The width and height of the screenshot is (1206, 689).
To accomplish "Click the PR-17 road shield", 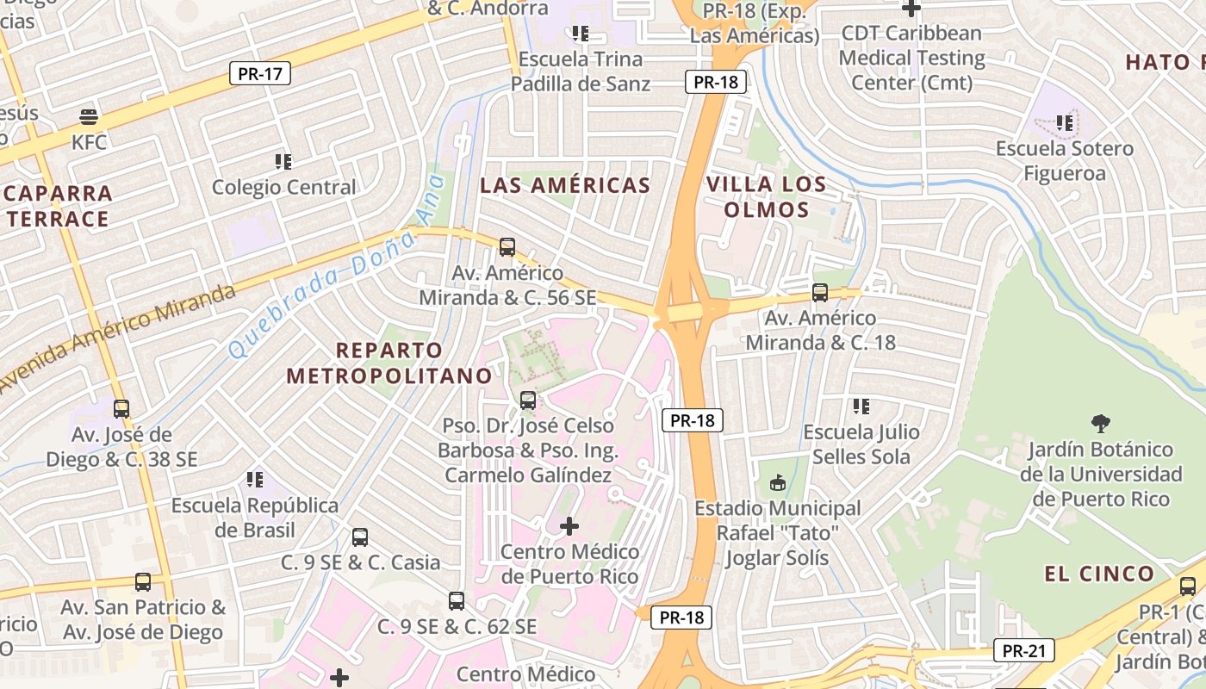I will click(260, 73).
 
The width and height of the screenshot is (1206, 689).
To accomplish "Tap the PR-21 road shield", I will click(1024, 650).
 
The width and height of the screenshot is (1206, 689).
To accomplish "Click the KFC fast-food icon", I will click(89, 116).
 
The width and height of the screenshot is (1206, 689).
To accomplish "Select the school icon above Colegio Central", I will click(283, 161).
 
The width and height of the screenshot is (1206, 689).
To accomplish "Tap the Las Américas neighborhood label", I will click(565, 185).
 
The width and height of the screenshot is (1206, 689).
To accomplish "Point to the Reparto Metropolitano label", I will click(389, 363).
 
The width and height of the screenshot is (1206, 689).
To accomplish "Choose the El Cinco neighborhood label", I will click(1098, 574).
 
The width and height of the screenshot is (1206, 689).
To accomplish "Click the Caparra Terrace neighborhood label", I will click(58, 206).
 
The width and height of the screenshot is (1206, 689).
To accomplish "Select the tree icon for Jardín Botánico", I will click(1100, 423).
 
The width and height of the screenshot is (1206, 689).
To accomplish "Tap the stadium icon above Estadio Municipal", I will click(778, 482).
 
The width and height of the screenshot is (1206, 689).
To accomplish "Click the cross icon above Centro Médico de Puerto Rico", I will click(569, 525).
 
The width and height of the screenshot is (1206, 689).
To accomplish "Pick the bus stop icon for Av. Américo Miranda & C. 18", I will click(820, 293).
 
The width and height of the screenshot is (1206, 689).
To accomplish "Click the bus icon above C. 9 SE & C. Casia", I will click(360, 537).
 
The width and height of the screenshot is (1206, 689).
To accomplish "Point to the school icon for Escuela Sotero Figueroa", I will click(1065, 123).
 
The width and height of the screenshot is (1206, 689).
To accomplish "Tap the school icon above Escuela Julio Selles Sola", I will click(861, 406).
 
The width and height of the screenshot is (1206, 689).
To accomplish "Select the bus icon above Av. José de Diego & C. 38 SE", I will click(121, 408).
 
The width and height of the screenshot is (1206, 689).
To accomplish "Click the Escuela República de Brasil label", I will click(255, 517).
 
